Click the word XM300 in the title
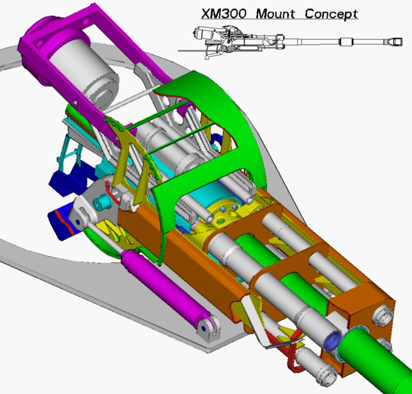224,14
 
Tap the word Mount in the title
275,14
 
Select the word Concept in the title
331,14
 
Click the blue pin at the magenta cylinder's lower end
203,328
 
